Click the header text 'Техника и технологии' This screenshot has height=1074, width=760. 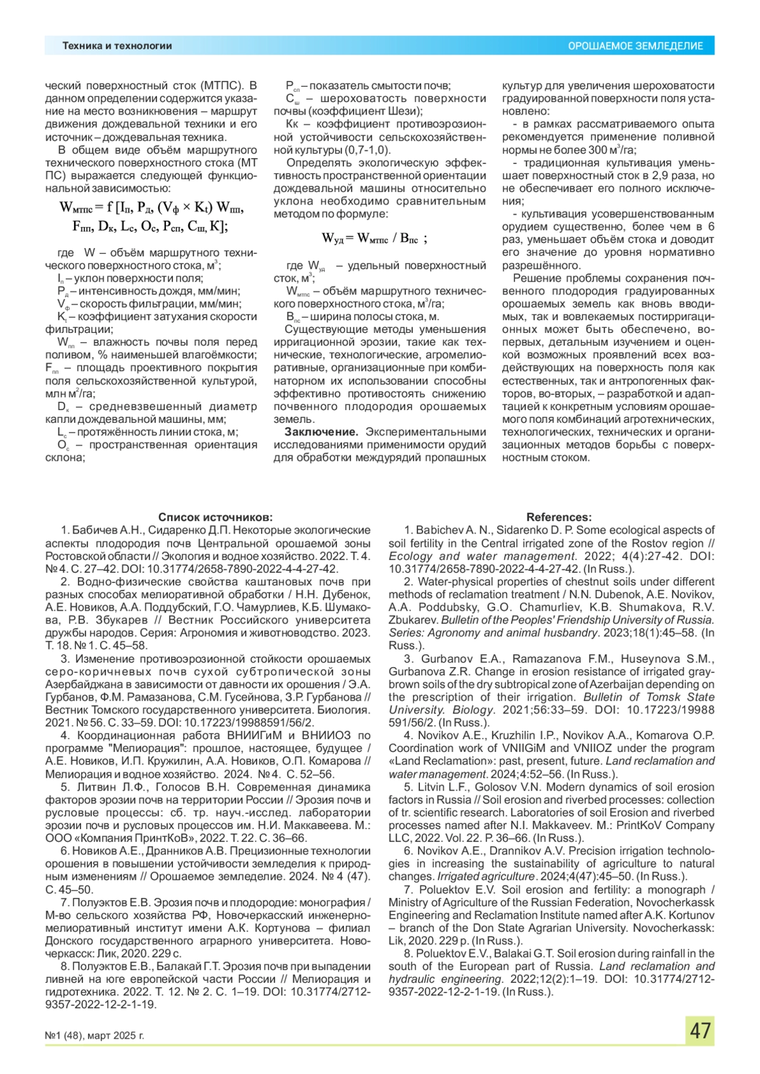tap(117, 46)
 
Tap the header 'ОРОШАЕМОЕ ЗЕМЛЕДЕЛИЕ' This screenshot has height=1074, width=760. tap(635, 46)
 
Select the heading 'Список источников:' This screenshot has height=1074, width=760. tap(215, 517)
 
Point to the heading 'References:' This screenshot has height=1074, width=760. tap(559, 517)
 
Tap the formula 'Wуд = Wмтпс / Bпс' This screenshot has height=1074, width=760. tap(374, 238)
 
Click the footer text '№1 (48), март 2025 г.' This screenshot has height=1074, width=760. tap(94, 1035)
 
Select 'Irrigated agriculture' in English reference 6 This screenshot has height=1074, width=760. tap(486, 877)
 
